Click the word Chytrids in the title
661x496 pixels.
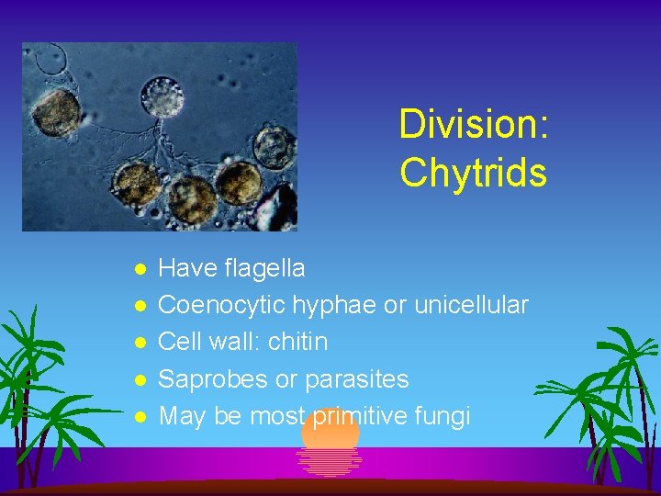click(473, 172)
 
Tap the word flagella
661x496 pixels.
click(262, 268)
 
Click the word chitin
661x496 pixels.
click(296, 342)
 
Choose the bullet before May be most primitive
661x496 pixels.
click(139, 417)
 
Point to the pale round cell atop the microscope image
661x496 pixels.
click(162, 96)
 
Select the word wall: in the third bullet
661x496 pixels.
click(230, 342)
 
